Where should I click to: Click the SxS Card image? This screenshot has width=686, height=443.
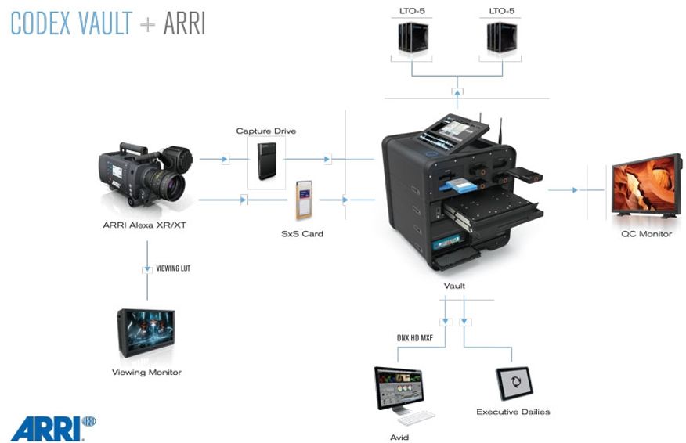click(x=304, y=200)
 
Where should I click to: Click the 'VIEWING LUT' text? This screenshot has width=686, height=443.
click(x=174, y=268)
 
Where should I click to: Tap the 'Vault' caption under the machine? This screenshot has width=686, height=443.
click(x=454, y=286)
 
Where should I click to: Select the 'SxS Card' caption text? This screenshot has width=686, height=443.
click(x=301, y=233)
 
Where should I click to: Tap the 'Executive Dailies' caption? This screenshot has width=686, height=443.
click(x=513, y=412)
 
